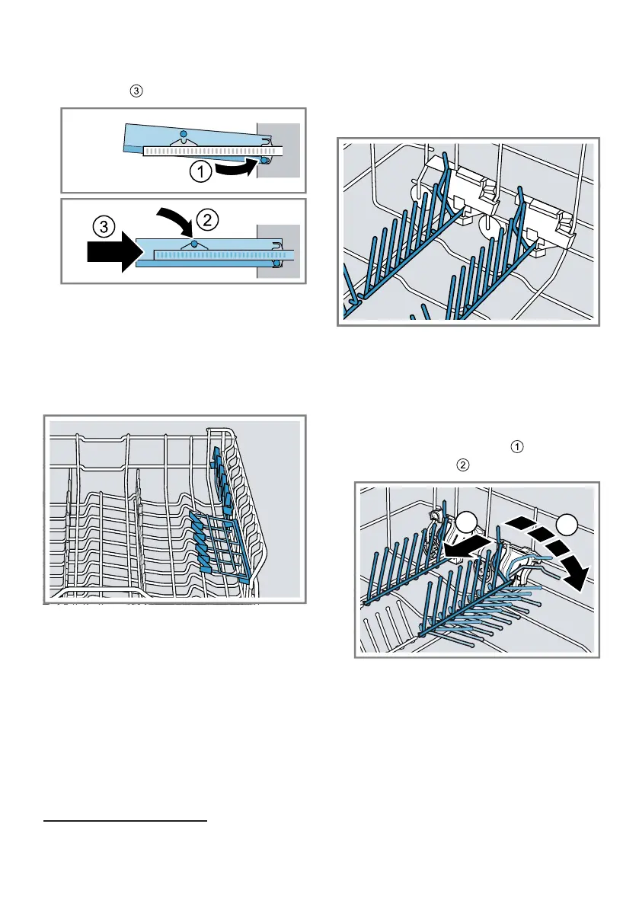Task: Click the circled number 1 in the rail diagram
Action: (x=200, y=173)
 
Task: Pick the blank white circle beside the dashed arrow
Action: (x=566, y=525)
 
